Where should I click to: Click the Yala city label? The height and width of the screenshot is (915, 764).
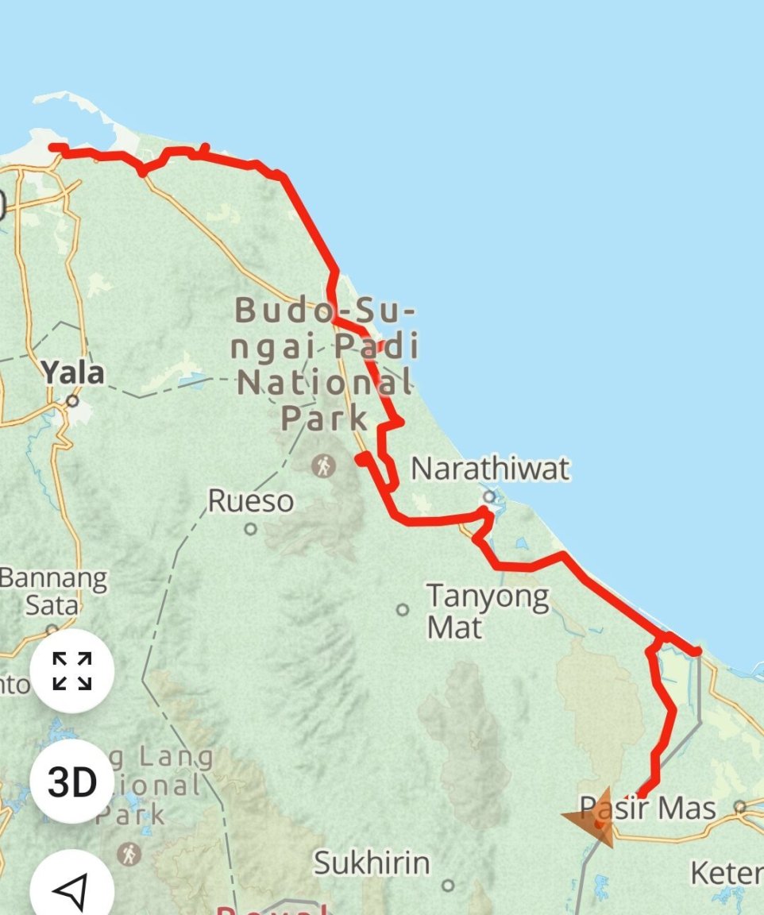pyautogui.click(x=73, y=372)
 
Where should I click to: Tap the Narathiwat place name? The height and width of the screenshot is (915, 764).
pyautogui.click(x=490, y=469)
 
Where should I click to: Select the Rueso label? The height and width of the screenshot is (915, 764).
pyautogui.click(x=250, y=501)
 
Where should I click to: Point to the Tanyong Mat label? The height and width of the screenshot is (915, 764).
pyautogui.click(x=487, y=612)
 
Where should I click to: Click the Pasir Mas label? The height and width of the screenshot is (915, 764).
pyautogui.click(x=647, y=809)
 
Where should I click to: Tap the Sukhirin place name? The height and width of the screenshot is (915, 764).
pyautogui.click(x=372, y=863)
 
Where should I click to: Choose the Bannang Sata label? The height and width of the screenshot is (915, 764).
pyautogui.click(x=52, y=592)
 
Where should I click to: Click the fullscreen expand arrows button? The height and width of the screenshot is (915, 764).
pyautogui.click(x=72, y=671)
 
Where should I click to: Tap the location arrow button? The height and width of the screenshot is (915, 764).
pyautogui.click(x=72, y=891)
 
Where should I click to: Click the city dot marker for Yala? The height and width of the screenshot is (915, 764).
pyautogui.click(x=73, y=401)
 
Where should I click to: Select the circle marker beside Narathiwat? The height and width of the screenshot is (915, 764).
pyautogui.click(x=489, y=497)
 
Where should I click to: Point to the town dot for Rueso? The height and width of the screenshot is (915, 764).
pyautogui.click(x=251, y=528)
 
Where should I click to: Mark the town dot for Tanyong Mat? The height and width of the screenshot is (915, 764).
pyautogui.click(x=403, y=610)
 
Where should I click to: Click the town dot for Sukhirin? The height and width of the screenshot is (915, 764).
pyautogui.click(x=448, y=885)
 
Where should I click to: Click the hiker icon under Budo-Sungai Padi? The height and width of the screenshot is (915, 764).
pyautogui.click(x=324, y=465)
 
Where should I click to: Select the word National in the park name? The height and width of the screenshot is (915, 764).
pyautogui.click(x=325, y=384)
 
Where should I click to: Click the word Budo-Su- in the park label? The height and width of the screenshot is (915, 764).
pyautogui.click(x=325, y=311)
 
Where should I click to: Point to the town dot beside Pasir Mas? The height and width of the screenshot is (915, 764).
pyautogui.click(x=740, y=807)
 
